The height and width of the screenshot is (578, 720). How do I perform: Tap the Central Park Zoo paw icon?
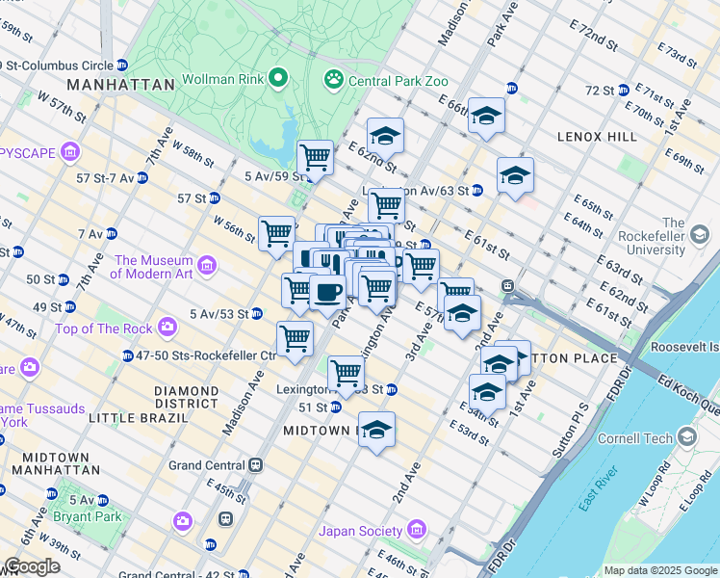pos(334,77)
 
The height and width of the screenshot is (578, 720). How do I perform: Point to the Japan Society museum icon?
pos(416,530)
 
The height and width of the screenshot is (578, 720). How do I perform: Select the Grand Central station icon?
pos(256,464)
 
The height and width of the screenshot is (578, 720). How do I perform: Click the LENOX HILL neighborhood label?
pos(597,138)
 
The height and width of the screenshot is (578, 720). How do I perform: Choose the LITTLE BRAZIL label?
pos(139,418)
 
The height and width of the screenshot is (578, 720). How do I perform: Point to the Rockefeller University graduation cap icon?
pos(700,234)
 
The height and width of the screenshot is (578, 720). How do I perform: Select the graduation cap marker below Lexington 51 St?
pos(377,429)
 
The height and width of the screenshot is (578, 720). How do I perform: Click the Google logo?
pos(31,566)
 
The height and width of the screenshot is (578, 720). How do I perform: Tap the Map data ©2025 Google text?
pos(659,570)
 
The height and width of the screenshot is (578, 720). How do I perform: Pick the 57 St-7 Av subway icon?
pos(141,178)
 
